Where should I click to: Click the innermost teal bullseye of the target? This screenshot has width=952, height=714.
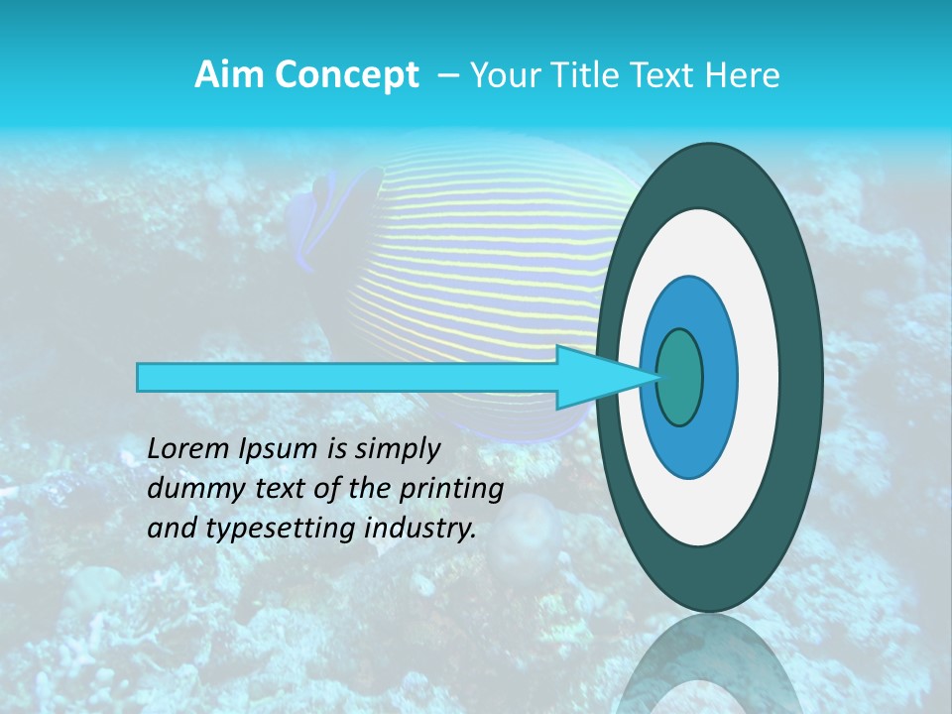680,378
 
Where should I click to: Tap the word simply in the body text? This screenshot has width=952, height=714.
396,449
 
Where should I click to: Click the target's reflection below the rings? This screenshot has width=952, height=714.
708,664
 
